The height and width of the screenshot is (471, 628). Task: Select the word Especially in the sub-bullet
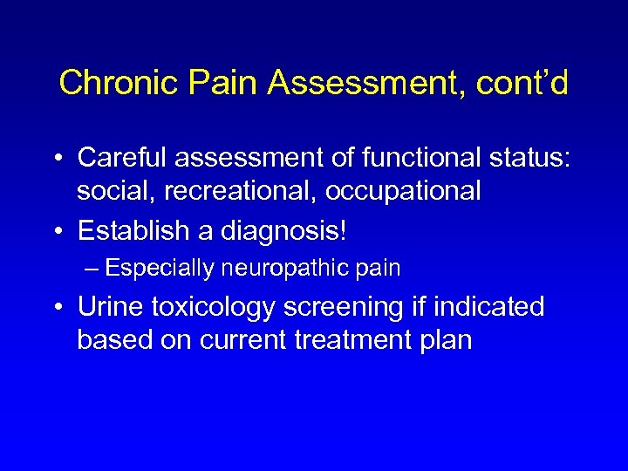[x=162, y=269]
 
